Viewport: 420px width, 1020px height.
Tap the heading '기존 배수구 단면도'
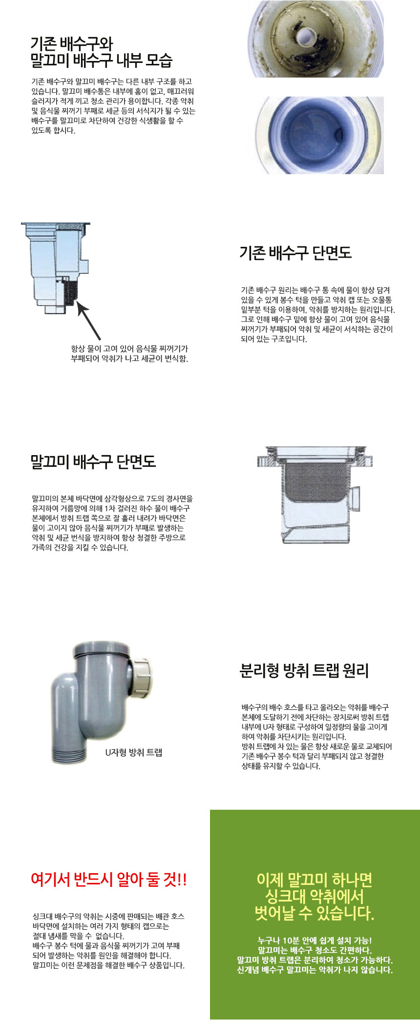[295, 253]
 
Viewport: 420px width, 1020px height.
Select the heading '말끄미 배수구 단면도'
[93, 461]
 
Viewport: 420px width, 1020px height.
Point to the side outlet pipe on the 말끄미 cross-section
[357, 499]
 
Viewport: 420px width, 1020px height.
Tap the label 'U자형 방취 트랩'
[133, 752]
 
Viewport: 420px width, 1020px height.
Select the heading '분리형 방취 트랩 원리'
[304, 671]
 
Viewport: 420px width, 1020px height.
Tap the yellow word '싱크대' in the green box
[285, 896]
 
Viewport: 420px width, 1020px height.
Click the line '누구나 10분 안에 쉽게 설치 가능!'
[315, 940]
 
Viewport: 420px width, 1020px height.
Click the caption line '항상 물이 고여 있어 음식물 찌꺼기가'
[129, 349]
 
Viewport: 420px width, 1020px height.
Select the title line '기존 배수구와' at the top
[72, 44]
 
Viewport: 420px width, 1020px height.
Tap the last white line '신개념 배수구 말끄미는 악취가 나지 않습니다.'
[315, 970]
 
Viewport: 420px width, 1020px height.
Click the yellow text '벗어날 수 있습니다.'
[315, 913]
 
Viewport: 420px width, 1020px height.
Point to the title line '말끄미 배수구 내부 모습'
[101, 60]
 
